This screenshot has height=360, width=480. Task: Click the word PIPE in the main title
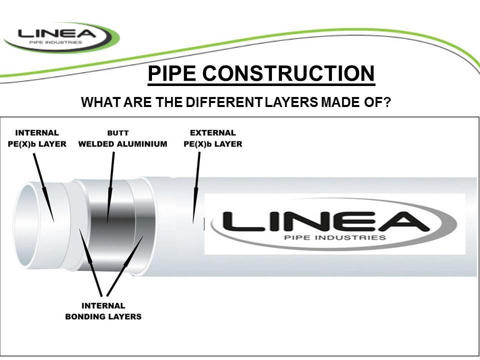point(173,74)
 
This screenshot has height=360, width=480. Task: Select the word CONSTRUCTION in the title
point(288,74)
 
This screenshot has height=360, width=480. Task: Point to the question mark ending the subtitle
point(387,102)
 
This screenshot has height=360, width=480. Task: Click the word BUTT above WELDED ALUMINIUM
point(118,133)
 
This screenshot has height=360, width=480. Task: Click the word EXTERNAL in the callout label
point(213,133)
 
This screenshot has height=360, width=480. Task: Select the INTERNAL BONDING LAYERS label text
point(103,310)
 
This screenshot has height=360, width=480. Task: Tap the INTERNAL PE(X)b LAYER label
point(37,138)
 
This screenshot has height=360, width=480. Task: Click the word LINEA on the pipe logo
point(320,221)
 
